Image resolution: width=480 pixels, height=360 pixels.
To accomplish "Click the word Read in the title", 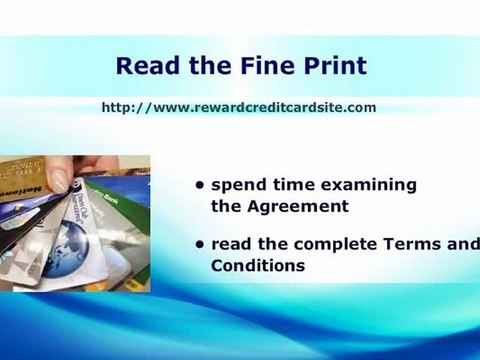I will pos(145,67).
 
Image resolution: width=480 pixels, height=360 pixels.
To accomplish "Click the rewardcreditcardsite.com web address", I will pos(238,107).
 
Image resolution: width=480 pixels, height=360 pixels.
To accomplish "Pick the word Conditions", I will pos(257,266).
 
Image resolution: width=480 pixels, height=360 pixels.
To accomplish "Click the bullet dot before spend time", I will pos(201,186).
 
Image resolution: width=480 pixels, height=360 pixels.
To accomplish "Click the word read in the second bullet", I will pos(231,244).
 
